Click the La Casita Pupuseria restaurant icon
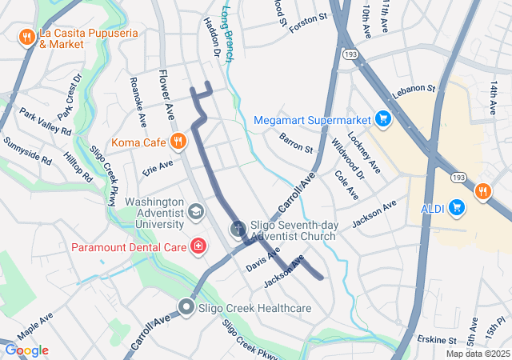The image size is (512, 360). [x=26, y=36]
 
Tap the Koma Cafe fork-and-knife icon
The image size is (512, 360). [x=178, y=142]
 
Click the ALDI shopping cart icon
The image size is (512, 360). [x=457, y=208]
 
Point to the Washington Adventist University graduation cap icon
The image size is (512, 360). [x=194, y=212]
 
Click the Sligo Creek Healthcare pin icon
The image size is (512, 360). [x=186, y=307]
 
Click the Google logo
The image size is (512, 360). [x=26, y=350]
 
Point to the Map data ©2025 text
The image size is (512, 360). [x=478, y=354]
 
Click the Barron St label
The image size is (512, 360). [x=296, y=142]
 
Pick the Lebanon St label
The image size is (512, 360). [x=413, y=88]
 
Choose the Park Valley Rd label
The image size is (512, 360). [x=46, y=121]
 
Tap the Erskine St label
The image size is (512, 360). [x=437, y=341]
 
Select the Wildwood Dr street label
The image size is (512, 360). [x=347, y=158]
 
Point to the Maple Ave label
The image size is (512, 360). [x=34, y=330]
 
